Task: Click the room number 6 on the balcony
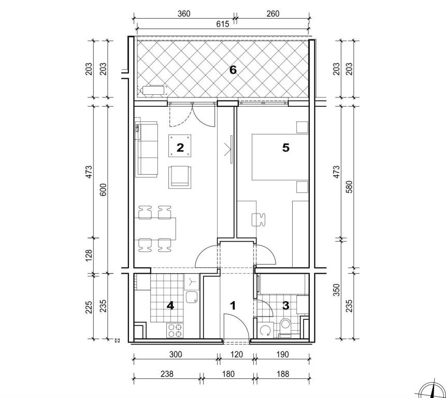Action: (x=233, y=69)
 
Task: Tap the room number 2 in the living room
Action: (x=180, y=148)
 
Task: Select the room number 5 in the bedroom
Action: (x=286, y=148)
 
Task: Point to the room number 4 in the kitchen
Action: (x=170, y=306)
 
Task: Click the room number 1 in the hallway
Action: (x=233, y=306)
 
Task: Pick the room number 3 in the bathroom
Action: (x=285, y=306)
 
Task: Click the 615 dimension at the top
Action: (x=222, y=24)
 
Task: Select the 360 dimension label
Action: (x=184, y=13)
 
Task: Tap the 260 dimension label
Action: (x=273, y=13)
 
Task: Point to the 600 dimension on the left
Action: (x=103, y=190)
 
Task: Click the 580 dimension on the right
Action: (x=350, y=187)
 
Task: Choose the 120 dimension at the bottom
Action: (x=237, y=354)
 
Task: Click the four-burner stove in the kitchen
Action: (x=175, y=331)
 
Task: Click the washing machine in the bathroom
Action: (x=265, y=330)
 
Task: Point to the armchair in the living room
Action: (x=180, y=177)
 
